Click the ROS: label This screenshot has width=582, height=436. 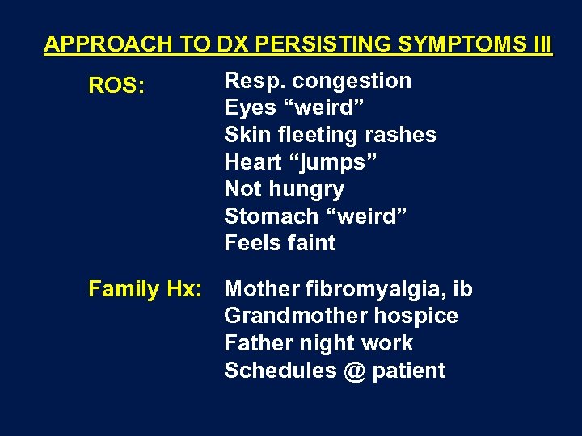116,86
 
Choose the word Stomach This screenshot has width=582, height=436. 272,216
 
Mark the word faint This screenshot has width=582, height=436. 310,243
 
